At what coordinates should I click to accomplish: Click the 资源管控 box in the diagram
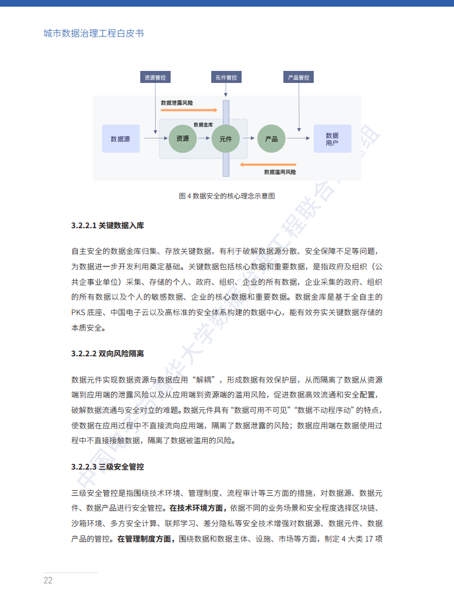155,77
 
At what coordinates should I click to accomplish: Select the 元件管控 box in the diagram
226,77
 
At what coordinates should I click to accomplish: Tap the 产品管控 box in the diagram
298,77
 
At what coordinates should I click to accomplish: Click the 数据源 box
120,138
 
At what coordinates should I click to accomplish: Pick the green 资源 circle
183,138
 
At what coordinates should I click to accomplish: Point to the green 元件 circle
226,138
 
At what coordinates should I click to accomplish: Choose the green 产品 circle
271,138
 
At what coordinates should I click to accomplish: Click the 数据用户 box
332,138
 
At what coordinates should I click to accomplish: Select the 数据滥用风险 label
280,172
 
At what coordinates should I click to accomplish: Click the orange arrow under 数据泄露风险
189,109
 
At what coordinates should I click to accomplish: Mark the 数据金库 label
203,124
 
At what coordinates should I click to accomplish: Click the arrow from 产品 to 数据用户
299,138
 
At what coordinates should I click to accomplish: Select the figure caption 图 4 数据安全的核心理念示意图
227,196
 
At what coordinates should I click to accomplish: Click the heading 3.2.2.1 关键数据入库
108,225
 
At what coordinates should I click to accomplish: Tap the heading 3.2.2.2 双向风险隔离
108,353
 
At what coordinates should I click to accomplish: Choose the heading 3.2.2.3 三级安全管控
108,467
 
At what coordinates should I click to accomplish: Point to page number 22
48,581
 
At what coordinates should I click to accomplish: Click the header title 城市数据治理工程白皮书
94,33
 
